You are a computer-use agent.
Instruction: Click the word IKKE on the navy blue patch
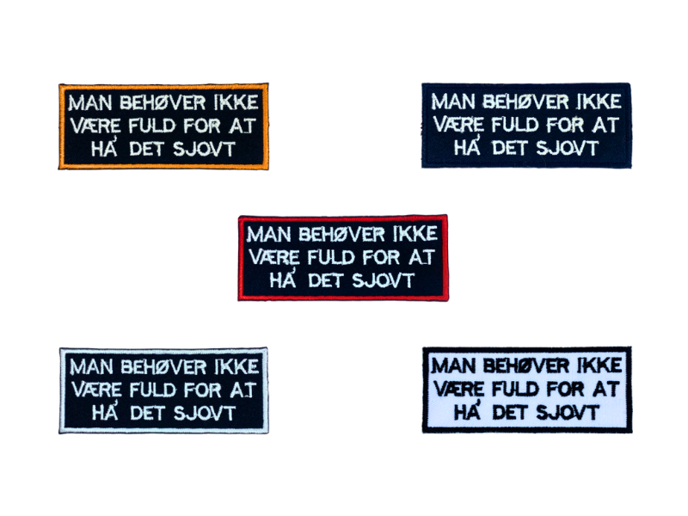(596, 102)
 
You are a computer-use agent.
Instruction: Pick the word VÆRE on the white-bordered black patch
(95, 390)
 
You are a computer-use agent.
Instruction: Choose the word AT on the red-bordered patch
(422, 257)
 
